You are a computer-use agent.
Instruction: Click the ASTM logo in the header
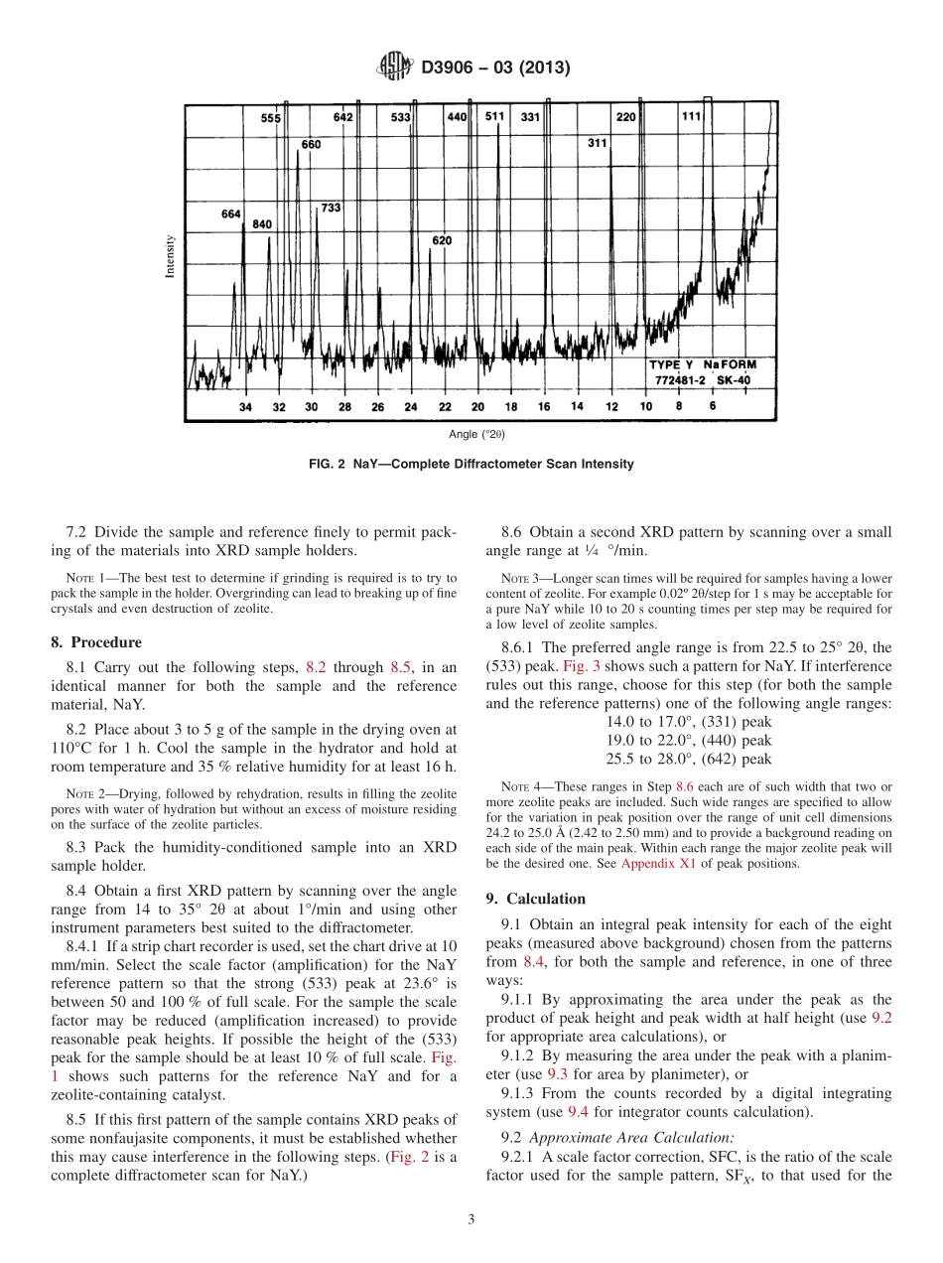[395, 68]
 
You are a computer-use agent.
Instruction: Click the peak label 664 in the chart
[230, 214]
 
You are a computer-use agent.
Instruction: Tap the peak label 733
[331, 208]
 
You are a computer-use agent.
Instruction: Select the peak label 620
[442, 240]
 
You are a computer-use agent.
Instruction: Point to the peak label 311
[596, 143]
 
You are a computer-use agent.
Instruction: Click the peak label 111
[691, 116]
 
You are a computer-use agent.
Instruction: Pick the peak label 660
[311, 144]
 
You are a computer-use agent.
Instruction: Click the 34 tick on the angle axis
[245, 407]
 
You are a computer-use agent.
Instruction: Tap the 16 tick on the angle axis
[544, 407]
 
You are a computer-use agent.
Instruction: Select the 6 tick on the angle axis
[713, 405]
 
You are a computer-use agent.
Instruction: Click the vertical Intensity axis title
[170, 256]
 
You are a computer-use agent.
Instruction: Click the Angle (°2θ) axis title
[476, 434]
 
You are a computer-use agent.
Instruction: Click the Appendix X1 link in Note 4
[654, 864]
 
